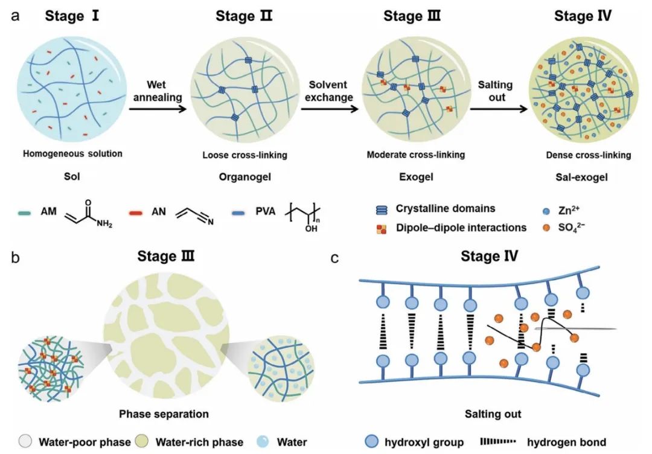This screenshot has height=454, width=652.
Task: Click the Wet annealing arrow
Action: [158, 109]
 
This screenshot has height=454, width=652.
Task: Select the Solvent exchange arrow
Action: [330, 109]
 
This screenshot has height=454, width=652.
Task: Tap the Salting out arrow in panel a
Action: [499, 109]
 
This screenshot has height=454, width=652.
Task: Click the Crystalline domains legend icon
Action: [382, 210]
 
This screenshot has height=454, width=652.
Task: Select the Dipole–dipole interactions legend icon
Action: [382, 229]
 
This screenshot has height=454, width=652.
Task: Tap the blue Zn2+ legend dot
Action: [546, 211]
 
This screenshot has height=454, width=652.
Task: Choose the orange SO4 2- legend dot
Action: [546, 228]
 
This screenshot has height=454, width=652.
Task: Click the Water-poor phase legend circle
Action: [25, 441]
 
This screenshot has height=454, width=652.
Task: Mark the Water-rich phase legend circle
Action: [142, 441]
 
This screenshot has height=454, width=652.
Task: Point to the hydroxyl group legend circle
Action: [371, 441]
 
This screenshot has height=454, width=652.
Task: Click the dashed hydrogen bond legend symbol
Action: [497, 441]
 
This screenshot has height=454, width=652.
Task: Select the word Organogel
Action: [245, 177]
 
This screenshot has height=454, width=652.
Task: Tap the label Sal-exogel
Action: [581, 177]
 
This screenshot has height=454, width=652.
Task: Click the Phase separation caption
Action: [164, 414]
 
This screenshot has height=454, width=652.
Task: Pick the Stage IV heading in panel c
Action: [489, 256]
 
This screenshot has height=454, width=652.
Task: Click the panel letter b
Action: [15, 258]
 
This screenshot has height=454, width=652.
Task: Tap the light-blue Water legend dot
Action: [263, 441]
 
